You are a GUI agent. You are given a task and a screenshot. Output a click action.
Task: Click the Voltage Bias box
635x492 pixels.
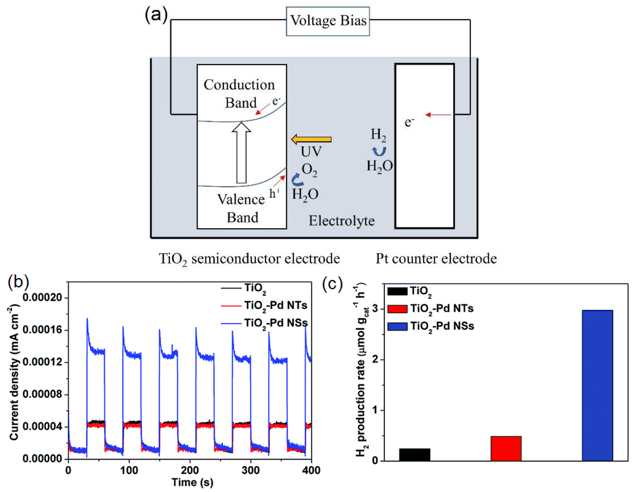coord(328,21)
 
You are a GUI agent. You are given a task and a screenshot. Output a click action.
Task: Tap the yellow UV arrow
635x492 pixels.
coord(311,139)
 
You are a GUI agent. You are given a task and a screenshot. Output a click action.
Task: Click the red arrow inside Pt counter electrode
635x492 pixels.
coord(438,115)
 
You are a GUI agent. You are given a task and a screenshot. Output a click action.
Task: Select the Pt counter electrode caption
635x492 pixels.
coord(436,258)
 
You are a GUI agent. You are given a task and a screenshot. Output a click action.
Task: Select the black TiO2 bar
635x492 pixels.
coord(414,455)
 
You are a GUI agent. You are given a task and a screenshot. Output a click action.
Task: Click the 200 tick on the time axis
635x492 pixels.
coord(190,470)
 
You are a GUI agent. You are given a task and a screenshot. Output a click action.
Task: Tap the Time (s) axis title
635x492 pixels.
coord(192,482)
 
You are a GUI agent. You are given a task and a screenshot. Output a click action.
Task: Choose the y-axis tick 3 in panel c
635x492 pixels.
coord(375,309)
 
